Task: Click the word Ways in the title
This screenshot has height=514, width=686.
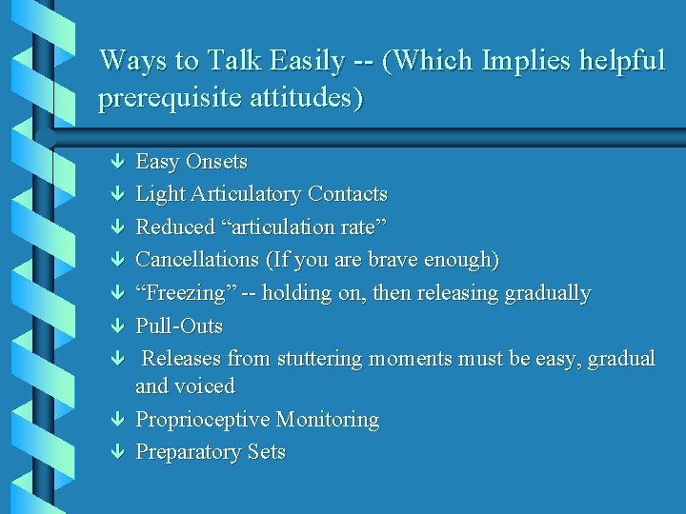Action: tap(128, 61)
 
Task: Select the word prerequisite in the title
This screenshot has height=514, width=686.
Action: tap(162, 98)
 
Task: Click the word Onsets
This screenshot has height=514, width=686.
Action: tap(216, 162)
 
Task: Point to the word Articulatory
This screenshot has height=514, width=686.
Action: tap(245, 194)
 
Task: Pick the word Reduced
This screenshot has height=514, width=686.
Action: tap(175, 227)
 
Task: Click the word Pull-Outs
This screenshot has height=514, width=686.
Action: tap(179, 326)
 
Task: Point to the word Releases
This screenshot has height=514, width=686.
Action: tap(187, 359)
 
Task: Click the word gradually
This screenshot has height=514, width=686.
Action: tap(547, 293)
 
